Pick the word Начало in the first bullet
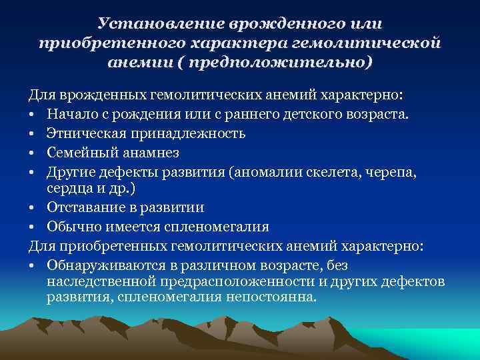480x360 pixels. (x=70, y=115)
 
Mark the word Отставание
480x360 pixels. (x=85, y=207)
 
